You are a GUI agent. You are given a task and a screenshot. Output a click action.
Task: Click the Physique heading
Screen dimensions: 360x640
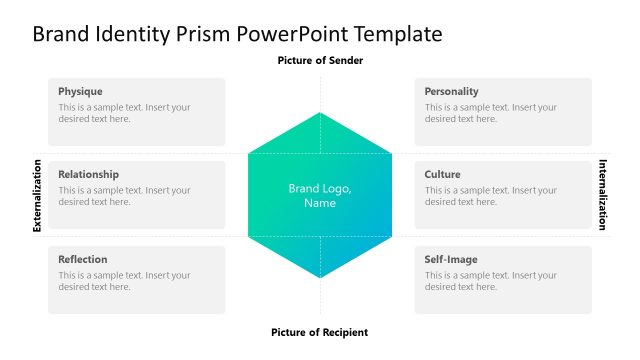pos(80,91)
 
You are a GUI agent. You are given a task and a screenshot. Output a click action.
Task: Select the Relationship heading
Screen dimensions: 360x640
pos(88,174)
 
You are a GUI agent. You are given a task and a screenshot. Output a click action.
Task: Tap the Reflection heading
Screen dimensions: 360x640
pos(82,259)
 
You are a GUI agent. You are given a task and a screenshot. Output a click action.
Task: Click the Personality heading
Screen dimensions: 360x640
pos(451,91)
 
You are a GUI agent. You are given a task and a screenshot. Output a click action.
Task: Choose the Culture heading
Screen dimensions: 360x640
pos(442,174)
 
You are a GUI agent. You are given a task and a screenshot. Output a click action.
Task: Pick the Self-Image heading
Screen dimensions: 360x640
pos(451,259)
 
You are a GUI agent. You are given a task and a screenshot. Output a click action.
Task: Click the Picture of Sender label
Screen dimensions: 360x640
pos(320,61)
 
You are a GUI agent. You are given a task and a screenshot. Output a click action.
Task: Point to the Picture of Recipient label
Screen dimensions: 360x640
pos(320,332)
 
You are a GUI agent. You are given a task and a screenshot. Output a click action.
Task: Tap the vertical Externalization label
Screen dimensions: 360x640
pos(37,195)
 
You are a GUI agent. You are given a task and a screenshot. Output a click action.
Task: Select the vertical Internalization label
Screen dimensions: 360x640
pos(603,195)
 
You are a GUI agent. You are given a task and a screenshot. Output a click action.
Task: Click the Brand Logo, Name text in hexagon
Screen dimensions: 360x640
pos(320,196)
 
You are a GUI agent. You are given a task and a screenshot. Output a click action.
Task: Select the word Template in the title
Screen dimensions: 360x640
pos(393,34)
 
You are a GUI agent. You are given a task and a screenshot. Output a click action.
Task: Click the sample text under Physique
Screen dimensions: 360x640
pos(124,113)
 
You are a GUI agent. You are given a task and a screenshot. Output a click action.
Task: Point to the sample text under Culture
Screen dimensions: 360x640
pos(490,196)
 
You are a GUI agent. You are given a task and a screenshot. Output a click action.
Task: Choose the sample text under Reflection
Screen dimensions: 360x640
pos(124,281)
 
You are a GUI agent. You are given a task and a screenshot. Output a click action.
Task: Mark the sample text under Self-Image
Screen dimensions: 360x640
pos(490,281)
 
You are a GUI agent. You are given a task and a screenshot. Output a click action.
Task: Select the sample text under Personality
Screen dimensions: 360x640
pos(490,113)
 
